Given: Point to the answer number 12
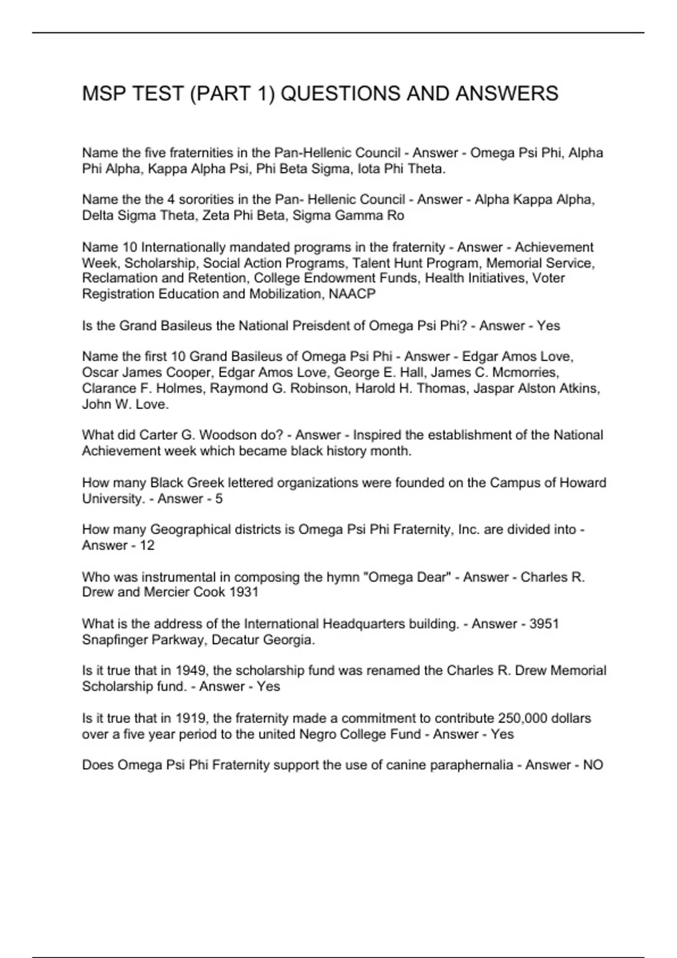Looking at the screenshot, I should coord(147,545).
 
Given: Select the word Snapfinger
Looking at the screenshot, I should coord(117,640).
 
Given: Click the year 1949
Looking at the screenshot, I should coord(190,671).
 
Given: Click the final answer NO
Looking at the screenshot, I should coord(593,765).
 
